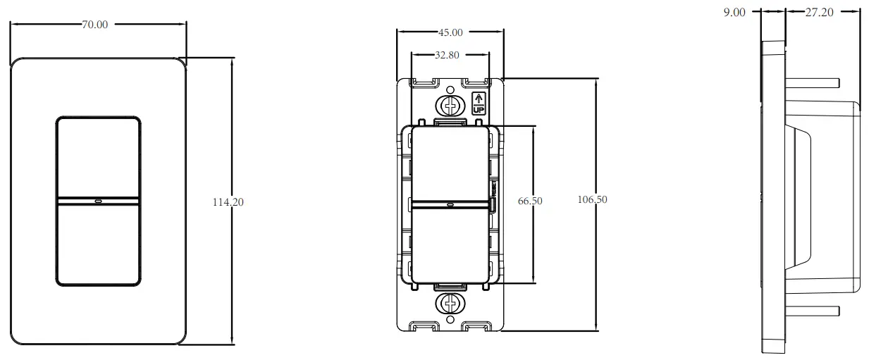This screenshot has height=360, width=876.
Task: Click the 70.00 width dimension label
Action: [x=95, y=25]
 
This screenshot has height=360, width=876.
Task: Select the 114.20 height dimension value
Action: [x=228, y=202]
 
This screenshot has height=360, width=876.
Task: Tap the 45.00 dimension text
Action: [x=450, y=32]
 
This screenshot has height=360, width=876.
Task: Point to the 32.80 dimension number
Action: [x=450, y=54]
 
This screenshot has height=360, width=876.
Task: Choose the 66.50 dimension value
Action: [x=530, y=201]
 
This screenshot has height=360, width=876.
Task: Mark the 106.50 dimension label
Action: [x=592, y=200]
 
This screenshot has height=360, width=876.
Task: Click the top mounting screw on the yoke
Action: [x=450, y=105]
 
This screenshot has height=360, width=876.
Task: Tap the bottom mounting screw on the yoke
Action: [x=450, y=304]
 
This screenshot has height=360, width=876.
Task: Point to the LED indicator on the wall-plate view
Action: [x=98, y=199]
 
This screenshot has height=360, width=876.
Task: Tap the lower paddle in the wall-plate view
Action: [x=98, y=243]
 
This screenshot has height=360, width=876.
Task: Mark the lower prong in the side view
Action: [x=812, y=311]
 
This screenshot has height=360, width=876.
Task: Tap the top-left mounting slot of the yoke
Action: [x=423, y=83]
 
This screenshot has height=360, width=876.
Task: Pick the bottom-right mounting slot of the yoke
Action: [x=477, y=327]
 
